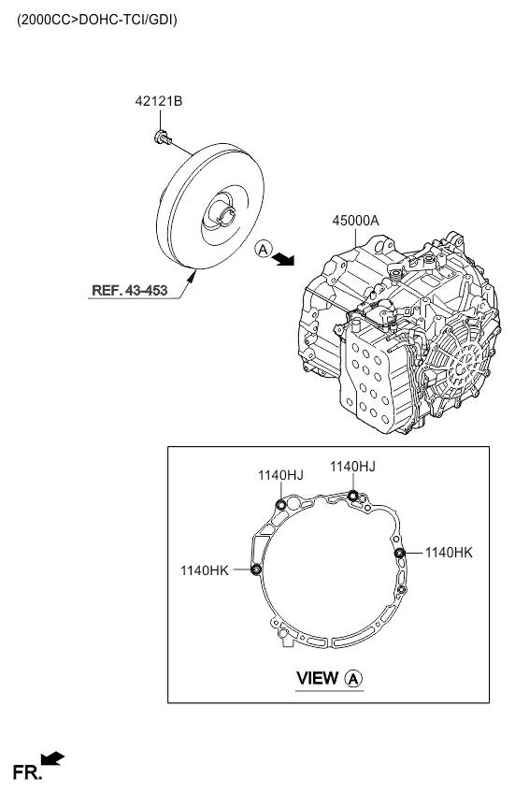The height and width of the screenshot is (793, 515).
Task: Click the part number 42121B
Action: (158, 101)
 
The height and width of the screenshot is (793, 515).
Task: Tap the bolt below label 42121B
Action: (163, 137)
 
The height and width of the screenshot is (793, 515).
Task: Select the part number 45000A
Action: (355, 221)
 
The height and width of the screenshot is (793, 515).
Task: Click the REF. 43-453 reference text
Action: (129, 290)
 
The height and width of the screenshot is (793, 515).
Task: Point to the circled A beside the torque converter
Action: (264, 249)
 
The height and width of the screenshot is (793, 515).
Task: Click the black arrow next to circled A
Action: (283, 260)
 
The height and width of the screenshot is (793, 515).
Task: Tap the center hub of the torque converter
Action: (224, 212)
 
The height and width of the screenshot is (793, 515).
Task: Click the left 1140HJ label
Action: (280, 475)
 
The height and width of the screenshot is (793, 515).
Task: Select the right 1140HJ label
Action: (352, 467)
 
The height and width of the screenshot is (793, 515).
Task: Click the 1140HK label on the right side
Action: (449, 553)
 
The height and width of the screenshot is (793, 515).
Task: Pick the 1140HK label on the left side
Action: (205, 570)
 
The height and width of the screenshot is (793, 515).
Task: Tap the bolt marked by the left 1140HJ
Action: (281, 505)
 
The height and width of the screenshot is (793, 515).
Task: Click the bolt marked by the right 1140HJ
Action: (352, 496)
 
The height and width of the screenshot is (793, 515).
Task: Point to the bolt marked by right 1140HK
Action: (399, 553)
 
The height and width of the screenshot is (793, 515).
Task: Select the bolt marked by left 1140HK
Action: (256, 570)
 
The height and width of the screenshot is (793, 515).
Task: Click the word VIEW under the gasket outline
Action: (318, 678)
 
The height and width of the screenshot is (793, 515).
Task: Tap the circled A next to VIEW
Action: (354, 678)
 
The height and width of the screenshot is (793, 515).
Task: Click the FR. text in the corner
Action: (27, 772)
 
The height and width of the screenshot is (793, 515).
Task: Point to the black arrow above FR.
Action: (52, 758)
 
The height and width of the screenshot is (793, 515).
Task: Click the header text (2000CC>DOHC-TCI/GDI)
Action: (97, 20)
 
